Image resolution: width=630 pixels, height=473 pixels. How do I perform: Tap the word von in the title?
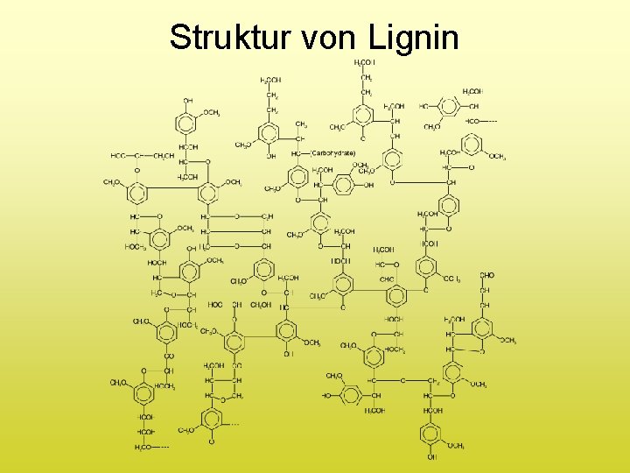[x=331, y=37]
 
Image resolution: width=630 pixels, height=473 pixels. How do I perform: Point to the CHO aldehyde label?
[x=487, y=275]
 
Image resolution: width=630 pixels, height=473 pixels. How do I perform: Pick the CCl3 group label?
[x=451, y=279]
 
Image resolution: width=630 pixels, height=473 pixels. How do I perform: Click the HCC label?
[x=118, y=156]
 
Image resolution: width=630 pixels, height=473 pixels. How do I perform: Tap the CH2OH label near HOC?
[x=261, y=305]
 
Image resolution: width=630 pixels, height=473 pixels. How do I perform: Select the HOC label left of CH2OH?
[x=215, y=305]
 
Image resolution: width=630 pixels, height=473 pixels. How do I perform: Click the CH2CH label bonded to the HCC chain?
[x=164, y=156]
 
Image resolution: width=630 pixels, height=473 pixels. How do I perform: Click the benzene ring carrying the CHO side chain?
[x=482, y=329]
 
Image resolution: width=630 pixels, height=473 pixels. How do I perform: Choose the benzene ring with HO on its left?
[x=349, y=396]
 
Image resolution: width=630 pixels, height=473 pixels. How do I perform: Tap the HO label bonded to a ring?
[x=326, y=396]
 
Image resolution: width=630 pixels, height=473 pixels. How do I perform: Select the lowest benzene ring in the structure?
[x=430, y=434]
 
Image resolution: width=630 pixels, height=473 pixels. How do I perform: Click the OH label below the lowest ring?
[x=431, y=457]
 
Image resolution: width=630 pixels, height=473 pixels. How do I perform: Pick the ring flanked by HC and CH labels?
[x=450, y=106]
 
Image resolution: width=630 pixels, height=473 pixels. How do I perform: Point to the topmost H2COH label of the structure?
[x=365, y=62]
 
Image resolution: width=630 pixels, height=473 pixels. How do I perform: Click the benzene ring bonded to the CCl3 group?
[x=426, y=266]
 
